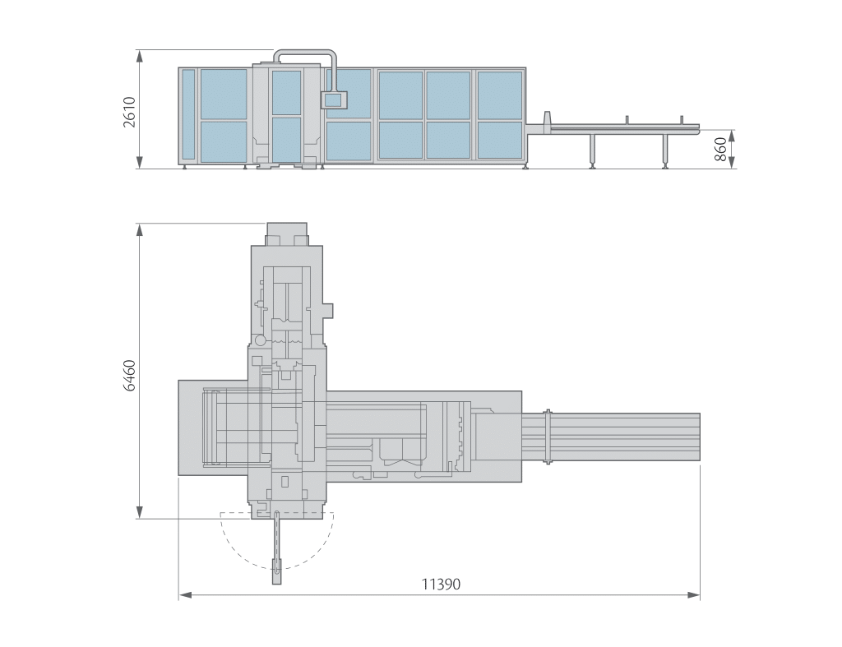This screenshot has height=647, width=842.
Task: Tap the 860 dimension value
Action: click(720, 150)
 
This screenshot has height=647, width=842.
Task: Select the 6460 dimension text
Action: click(129, 376)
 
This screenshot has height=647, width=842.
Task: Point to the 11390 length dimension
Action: click(441, 585)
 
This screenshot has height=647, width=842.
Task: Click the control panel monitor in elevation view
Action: click(334, 99)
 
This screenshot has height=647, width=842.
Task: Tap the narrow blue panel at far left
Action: click(188, 114)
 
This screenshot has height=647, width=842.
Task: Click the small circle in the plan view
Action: click(261, 340)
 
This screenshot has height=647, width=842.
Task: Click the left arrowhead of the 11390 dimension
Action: click(185, 595)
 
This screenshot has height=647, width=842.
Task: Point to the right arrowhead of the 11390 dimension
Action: click(693, 595)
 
